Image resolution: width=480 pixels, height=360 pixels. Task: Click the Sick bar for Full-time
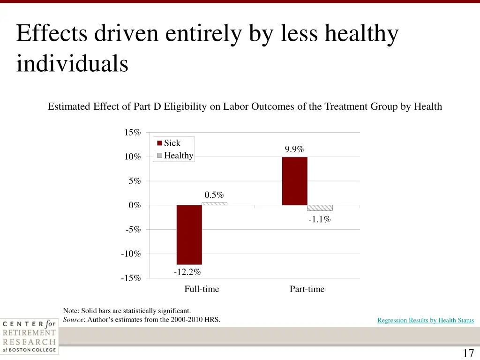(x=189, y=234)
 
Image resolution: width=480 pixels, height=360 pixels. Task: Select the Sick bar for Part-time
(x=294, y=181)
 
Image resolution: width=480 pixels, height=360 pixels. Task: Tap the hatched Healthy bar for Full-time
(x=214, y=204)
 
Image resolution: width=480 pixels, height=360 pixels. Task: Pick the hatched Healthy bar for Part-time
(x=320, y=208)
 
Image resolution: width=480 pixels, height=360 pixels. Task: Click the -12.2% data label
(x=187, y=272)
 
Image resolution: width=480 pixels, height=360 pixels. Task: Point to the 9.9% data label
(x=294, y=150)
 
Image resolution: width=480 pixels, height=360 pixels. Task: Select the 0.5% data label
(x=214, y=195)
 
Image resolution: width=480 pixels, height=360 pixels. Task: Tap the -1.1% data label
(x=320, y=219)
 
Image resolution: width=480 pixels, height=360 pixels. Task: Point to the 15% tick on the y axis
(x=132, y=133)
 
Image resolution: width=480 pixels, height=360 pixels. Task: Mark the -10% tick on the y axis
(x=131, y=254)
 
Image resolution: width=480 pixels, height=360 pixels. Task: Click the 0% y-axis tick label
(x=134, y=205)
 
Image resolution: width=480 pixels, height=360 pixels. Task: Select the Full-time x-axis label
(x=202, y=289)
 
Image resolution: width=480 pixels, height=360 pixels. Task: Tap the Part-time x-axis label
(x=307, y=289)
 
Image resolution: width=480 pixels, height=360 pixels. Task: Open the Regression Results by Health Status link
(x=426, y=321)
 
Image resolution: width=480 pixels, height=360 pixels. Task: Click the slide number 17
(x=468, y=353)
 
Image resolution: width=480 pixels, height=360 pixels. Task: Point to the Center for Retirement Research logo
(x=29, y=336)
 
